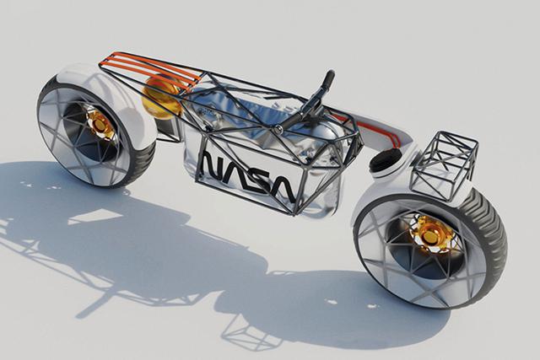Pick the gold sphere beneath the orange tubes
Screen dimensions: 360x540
(160, 95)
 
